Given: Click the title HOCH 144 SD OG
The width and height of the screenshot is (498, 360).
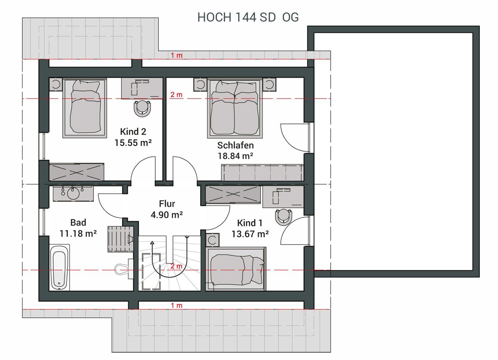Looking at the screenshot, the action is pos(248,17).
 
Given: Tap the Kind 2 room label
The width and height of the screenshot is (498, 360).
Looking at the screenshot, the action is pos(133,131).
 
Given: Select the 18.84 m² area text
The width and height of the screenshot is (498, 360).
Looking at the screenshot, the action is pos(235,156).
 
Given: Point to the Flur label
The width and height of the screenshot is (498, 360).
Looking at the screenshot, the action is pos(167,204).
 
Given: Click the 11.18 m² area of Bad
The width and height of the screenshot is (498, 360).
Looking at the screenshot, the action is pos(78,233).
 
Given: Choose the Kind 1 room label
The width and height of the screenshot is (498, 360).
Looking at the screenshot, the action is pos(250,223).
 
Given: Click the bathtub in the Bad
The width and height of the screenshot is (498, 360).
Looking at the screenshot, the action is pos(59,267).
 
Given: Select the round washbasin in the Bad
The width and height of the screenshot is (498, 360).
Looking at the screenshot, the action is pos(73,193).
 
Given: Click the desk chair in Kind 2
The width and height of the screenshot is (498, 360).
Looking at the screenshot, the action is pos(142,109).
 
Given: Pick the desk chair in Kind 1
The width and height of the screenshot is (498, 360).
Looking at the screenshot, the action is pos(283,217).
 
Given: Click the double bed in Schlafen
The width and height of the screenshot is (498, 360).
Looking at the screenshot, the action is pos(235,108).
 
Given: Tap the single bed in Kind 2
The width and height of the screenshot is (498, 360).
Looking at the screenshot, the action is pos(85,108).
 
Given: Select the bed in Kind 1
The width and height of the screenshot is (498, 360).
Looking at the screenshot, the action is pos(236,269).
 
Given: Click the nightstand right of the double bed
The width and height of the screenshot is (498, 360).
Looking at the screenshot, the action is pos(269,84).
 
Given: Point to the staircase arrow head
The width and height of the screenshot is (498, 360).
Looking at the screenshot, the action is pos(152,243).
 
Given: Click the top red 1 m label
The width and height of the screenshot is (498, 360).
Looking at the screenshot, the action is pos(176,55).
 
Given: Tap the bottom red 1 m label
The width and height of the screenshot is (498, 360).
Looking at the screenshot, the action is pos(176,306).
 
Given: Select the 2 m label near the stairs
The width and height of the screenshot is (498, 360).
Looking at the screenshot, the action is pos(176,266).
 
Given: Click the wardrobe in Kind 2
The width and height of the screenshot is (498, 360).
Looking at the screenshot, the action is pos(77,172).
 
